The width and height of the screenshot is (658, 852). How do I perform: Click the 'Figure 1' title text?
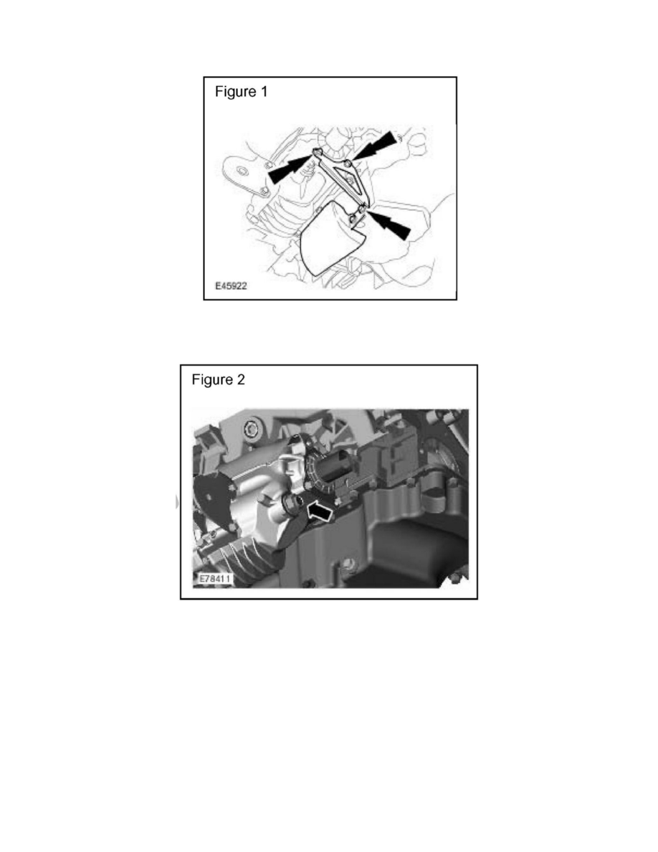241,92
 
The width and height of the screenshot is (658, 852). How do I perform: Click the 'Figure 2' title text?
218,379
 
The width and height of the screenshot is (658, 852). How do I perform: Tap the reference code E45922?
231,286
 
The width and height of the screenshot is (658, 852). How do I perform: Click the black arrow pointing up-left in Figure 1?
388,223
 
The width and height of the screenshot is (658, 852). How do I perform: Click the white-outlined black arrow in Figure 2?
320,511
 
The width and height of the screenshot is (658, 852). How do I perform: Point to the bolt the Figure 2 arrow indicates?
290,504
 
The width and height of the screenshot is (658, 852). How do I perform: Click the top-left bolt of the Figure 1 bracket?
318,151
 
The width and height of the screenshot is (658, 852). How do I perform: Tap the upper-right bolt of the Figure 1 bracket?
348,163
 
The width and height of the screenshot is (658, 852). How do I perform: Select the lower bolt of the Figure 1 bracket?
361,208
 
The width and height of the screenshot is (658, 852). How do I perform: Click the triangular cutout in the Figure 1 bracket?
348,180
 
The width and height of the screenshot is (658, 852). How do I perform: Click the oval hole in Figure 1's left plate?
243,171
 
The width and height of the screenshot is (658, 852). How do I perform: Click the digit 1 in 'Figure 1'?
264,92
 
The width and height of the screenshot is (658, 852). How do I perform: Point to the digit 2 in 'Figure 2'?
241,379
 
